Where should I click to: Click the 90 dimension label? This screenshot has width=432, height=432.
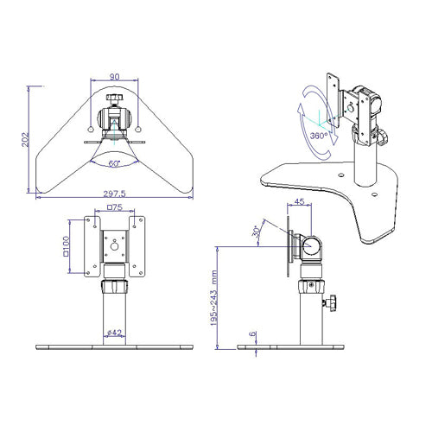click(114, 77)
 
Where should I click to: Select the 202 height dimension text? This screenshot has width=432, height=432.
click(25, 139)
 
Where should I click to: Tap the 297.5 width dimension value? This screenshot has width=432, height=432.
click(114, 194)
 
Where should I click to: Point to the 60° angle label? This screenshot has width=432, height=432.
click(114, 163)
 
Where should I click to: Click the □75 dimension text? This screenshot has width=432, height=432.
click(115, 207)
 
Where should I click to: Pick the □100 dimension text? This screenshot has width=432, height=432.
click(66, 246)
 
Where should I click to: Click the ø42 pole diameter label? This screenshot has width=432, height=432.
click(114, 333)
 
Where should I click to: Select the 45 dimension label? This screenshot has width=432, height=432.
click(300, 201)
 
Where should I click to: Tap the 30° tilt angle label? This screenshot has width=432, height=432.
click(256, 232)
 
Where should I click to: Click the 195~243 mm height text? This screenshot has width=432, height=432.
click(214, 298)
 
